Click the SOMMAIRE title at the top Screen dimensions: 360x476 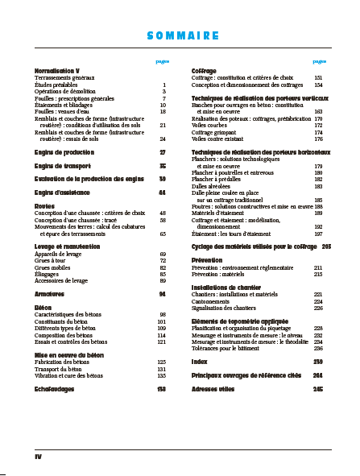coord(184,35)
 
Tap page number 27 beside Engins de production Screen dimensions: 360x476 coord(163,151)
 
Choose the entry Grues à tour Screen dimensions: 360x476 coord(51,261)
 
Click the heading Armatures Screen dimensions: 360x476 coord(49,294)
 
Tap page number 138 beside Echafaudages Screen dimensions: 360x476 coord(161,389)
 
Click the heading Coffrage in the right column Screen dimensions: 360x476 coord(204,71)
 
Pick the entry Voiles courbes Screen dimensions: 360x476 coord(207,126)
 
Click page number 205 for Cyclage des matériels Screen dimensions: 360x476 coord(326,246)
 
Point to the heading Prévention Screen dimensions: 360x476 coord(207,260)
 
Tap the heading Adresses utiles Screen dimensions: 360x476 coord(213,389)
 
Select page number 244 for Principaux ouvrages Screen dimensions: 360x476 coord(318,375)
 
